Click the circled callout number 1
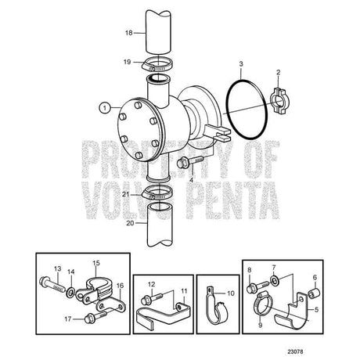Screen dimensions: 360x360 (x=105, y=108)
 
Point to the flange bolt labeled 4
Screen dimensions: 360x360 (x=190, y=161)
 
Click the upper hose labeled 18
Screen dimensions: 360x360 (x=159, y=33)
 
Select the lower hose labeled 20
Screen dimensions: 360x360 (x=159, y=225)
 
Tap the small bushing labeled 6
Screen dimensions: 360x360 (x=312, y=293)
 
